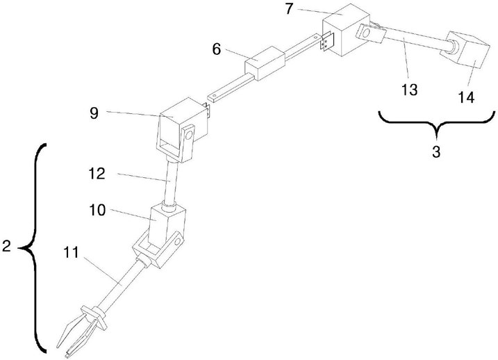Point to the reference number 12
coord(97,174)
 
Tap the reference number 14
coord(466,98)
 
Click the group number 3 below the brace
coord(435,152)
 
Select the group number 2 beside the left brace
coord(6,247)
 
